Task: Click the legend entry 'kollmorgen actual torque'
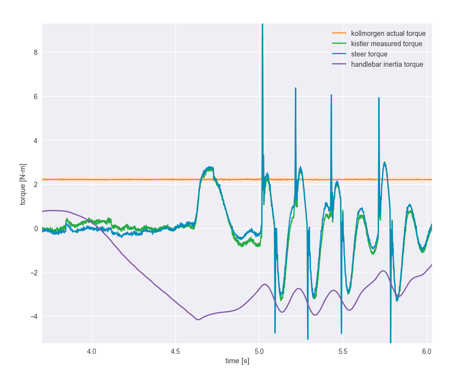point(388,33)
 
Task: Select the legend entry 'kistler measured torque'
point(386,44)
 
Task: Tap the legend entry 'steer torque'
point(369,54)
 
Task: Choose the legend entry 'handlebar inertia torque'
point(387,64)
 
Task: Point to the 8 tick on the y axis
point(35,53)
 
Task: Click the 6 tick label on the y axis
point(35,97)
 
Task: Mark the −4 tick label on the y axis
point(33,317)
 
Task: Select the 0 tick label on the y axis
point(35,229)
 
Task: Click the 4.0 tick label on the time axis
point(92,352)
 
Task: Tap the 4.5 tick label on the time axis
point(175,352)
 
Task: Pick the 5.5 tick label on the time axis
point(343,352)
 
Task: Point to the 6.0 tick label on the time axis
point(427,352)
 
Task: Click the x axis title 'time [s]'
point(237,361)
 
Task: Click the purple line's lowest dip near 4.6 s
point(198,320)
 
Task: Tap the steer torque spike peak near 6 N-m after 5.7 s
point(379,98)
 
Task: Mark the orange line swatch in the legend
point(339,33)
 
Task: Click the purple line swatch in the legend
point(339,64)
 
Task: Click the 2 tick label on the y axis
point(35,185)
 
